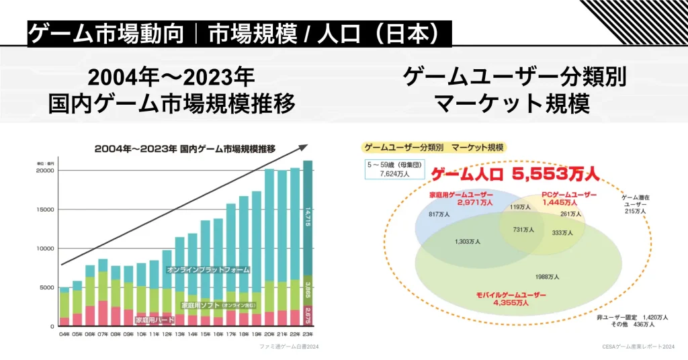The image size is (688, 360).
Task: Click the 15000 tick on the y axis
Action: coord(45,210)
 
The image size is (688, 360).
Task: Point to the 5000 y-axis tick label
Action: coord(47,287)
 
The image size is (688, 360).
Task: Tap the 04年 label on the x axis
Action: coord(64,333)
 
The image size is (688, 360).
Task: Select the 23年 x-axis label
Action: coord(308,333)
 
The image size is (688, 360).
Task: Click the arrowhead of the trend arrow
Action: coord(303,147)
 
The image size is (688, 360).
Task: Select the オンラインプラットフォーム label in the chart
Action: coord(208,269)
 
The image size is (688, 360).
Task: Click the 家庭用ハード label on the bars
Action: coord(155,320)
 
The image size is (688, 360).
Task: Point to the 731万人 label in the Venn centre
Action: coord(523,230)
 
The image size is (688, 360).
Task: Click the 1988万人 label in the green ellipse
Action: coord(548,276)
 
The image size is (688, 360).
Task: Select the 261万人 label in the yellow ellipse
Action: coord(570,214)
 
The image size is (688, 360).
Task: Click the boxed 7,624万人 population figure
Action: coord(395,173)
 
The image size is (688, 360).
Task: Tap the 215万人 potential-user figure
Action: coord(635,211)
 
